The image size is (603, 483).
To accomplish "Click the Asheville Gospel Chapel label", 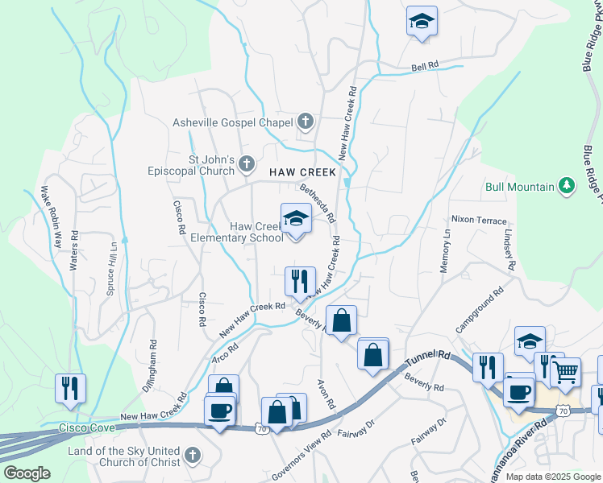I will coord(232,123).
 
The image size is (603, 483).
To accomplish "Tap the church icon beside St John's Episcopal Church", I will coord(247,166).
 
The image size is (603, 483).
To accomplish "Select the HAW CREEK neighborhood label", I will coord(302,172).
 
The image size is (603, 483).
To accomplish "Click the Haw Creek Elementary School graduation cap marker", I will coord(297,218).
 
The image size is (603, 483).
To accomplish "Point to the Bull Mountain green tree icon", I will coord(568,187).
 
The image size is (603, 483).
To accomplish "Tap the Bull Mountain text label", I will coord(520,188).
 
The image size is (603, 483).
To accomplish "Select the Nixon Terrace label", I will coord(479,220).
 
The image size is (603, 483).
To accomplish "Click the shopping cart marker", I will coord(567,371).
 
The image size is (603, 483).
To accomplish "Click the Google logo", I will coord(27,473).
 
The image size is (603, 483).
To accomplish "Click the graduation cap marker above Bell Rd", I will coord(422,23).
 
